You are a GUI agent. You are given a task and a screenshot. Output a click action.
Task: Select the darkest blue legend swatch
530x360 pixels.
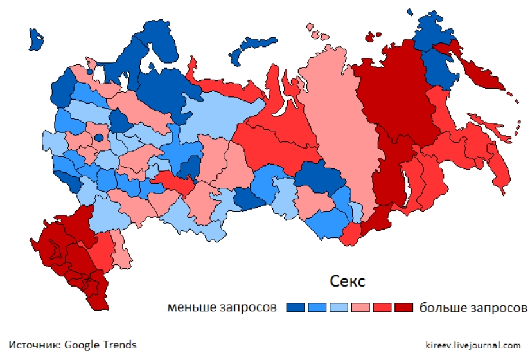296,307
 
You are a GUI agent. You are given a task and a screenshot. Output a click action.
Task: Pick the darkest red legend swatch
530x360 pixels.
404,307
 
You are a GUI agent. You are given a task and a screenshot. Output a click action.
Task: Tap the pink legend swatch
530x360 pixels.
360,307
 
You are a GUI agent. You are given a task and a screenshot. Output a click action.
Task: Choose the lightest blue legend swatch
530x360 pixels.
339,307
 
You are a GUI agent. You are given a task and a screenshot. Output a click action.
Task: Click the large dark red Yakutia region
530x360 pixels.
392,96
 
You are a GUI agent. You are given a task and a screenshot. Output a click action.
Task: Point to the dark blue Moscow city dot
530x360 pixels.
98,137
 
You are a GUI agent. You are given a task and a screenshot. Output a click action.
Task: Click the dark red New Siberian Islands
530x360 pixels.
373,37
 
